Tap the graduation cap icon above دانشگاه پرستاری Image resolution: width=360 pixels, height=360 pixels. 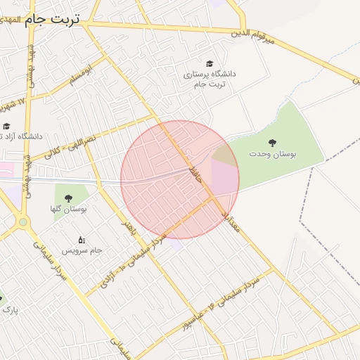pos(209,63)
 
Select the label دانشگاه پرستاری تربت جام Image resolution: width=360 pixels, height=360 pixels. pos(210,79)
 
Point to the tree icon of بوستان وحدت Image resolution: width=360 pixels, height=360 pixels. pos(272,142)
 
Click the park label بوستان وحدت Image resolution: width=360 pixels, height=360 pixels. pos(272,153)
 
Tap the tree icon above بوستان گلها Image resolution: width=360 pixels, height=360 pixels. pos(68,198)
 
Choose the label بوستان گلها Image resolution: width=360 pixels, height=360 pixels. pos(68,209)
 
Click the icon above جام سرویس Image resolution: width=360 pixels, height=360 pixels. pos(82,240)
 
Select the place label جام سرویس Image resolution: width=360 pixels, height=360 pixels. pos(82,250)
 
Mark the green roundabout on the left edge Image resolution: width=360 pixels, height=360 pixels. pos(24,223)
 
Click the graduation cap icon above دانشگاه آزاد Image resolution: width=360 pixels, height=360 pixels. pos(6,126)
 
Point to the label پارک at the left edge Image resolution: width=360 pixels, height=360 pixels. pos(8,309)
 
